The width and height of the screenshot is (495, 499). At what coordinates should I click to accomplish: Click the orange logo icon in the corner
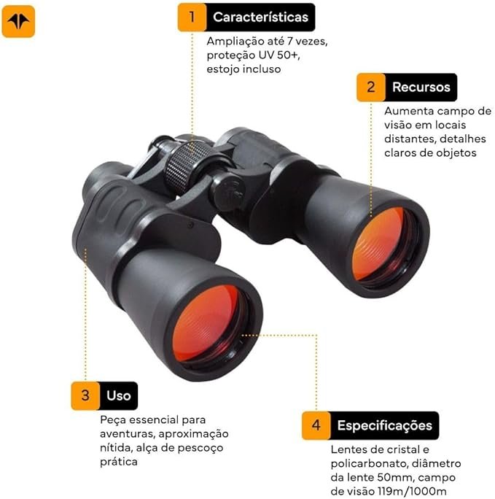(x=18, y=21)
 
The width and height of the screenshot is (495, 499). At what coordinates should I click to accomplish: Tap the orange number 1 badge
(x=192, y=18)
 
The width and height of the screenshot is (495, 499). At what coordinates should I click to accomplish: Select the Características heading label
(x=261, y=18)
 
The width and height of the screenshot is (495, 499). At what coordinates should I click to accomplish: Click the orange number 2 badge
(x=370, y=88)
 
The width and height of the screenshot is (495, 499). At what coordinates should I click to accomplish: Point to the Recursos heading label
(x=421, y=88)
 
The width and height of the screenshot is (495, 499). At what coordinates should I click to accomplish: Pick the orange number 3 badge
(x=85, y=395)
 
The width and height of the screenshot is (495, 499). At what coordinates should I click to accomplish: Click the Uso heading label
(x=119, y=395)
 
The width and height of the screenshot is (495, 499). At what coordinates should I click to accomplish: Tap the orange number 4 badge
(x=316, y=425)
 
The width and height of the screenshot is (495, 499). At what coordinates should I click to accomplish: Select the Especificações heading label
(x=385, y=425)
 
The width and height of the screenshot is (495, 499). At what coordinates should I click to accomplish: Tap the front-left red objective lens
(x=206, y=323)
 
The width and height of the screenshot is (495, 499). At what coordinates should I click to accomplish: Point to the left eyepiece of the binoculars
(x=102, y=178)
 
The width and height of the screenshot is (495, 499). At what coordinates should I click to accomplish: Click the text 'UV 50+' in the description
(x=278, y=55)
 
